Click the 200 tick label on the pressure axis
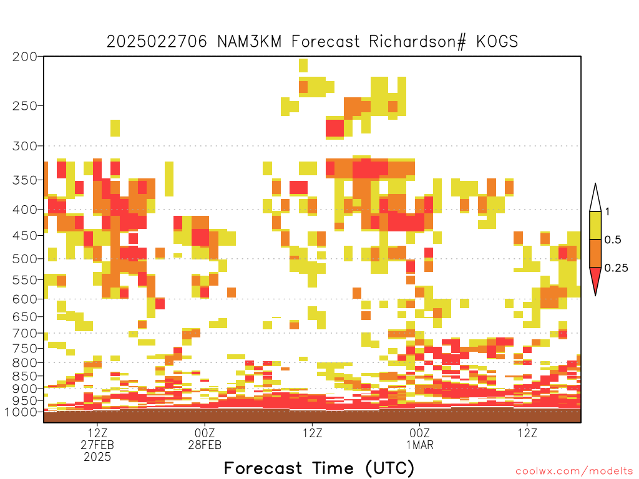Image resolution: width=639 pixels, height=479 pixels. click(x=24, y=57)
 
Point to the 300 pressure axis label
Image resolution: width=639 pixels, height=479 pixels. click(x=24, y=146)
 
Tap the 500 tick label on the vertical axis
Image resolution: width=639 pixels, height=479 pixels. click(x=24, y=259)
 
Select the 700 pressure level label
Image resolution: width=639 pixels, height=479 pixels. click(x=24, y=333)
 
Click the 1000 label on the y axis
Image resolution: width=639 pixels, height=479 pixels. click(x=21, y=412)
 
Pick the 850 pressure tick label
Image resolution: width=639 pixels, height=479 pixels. click(x=24, y=375)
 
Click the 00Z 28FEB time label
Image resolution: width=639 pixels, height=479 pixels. click(x=205, y=438)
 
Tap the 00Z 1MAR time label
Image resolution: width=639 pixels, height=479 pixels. click(x=420, y=438)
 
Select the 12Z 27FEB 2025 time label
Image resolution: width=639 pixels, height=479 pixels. click(x=97, y=445)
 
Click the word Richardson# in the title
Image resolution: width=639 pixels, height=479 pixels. click(x=417, y=42)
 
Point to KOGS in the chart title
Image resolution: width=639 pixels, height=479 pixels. click(x=497, y=42)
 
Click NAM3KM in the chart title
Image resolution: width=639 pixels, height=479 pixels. click(x=250, y=42)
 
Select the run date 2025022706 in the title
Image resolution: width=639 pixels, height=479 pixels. click(x=157, y=42)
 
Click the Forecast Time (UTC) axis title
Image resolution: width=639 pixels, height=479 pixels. click(x=319, y=468)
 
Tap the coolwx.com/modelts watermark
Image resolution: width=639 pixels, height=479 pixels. click(x=574, y=472)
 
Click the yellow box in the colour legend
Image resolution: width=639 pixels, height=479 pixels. click(x=595, y=225)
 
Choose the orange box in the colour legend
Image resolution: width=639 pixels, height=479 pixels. click(x=595, y=253)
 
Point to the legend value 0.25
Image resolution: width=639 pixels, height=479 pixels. click(x=616, y=268)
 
